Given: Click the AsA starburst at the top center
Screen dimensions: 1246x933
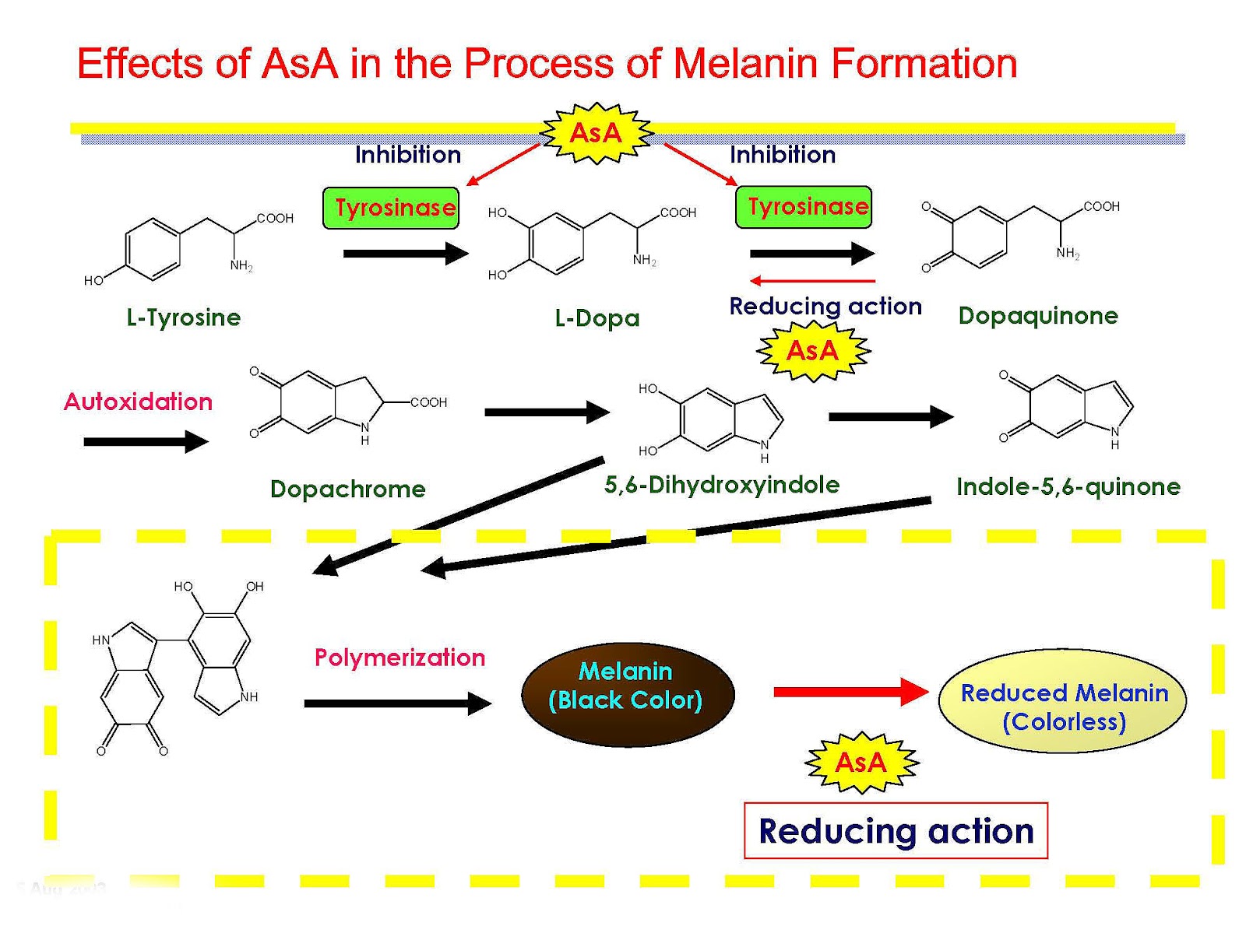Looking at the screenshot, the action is (596, 133).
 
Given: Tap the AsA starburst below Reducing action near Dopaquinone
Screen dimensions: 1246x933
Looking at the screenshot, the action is (812, 350).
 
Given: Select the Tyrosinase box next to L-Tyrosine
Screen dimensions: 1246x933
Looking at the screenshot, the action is (391, 208).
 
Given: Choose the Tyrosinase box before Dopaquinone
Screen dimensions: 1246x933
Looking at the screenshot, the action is (803, 207).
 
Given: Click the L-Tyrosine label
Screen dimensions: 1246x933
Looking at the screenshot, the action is (183, 317).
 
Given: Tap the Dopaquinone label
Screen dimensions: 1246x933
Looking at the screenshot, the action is (1037, 315).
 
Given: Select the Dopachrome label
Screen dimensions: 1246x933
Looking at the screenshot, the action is (347, 489).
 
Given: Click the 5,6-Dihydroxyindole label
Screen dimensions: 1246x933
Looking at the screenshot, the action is (721, 485).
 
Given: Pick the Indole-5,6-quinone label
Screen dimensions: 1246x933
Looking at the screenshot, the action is (1068, 486).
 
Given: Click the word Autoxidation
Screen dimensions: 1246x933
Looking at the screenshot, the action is (138, 402).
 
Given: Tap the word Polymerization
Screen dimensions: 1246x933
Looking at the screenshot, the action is (399, 658).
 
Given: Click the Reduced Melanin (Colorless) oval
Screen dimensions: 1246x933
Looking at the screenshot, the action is (1061, 701).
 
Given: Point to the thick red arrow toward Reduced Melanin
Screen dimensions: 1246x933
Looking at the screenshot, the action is (851, 692).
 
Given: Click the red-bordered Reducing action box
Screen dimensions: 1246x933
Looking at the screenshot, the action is (896, 831).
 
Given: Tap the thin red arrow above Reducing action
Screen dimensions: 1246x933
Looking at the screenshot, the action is (812, 281).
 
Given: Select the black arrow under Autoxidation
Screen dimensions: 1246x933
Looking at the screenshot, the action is (146, 441).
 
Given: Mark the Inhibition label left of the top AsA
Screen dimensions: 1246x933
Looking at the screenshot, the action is (407, 154).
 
